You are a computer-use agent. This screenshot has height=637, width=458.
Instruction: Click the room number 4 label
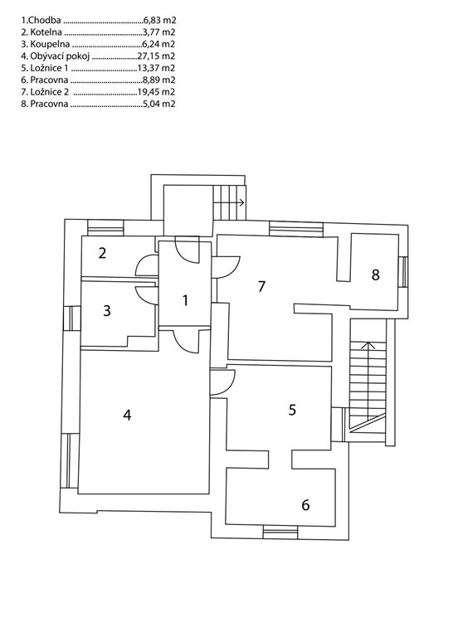127,416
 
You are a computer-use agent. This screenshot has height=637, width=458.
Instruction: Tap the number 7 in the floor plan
261,286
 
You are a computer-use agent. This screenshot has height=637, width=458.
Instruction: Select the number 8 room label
376,275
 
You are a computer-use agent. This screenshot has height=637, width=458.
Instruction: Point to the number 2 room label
102,253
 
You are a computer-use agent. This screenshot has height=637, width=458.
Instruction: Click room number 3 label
107,311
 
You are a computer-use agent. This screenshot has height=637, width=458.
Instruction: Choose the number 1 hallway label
185,300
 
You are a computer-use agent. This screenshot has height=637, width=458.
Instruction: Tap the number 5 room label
292,410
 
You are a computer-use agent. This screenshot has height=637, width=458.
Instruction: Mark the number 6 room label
305,504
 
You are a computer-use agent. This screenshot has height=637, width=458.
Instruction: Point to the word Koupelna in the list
50,44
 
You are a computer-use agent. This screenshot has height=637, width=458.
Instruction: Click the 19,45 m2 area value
157,92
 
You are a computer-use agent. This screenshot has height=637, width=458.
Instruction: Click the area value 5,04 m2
159,104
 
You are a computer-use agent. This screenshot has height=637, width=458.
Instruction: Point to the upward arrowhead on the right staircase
368,345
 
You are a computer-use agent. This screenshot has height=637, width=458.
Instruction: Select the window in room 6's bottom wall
280,532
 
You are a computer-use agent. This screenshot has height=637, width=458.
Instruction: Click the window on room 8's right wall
402,272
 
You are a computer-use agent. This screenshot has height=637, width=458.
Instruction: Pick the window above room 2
105,227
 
